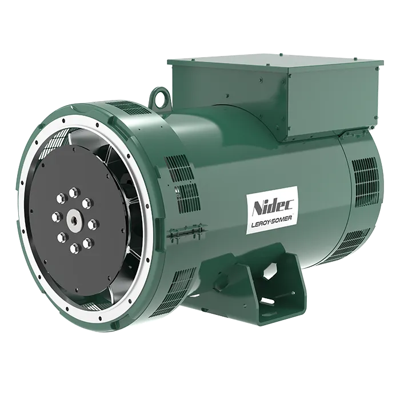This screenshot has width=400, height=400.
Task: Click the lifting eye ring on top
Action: (x=161, y=96)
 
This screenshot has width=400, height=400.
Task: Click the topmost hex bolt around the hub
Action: (x=74, y=192)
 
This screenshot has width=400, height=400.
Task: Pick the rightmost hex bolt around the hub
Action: (x=94, y=225)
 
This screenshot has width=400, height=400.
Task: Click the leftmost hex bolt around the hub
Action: (x=57, y=217)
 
